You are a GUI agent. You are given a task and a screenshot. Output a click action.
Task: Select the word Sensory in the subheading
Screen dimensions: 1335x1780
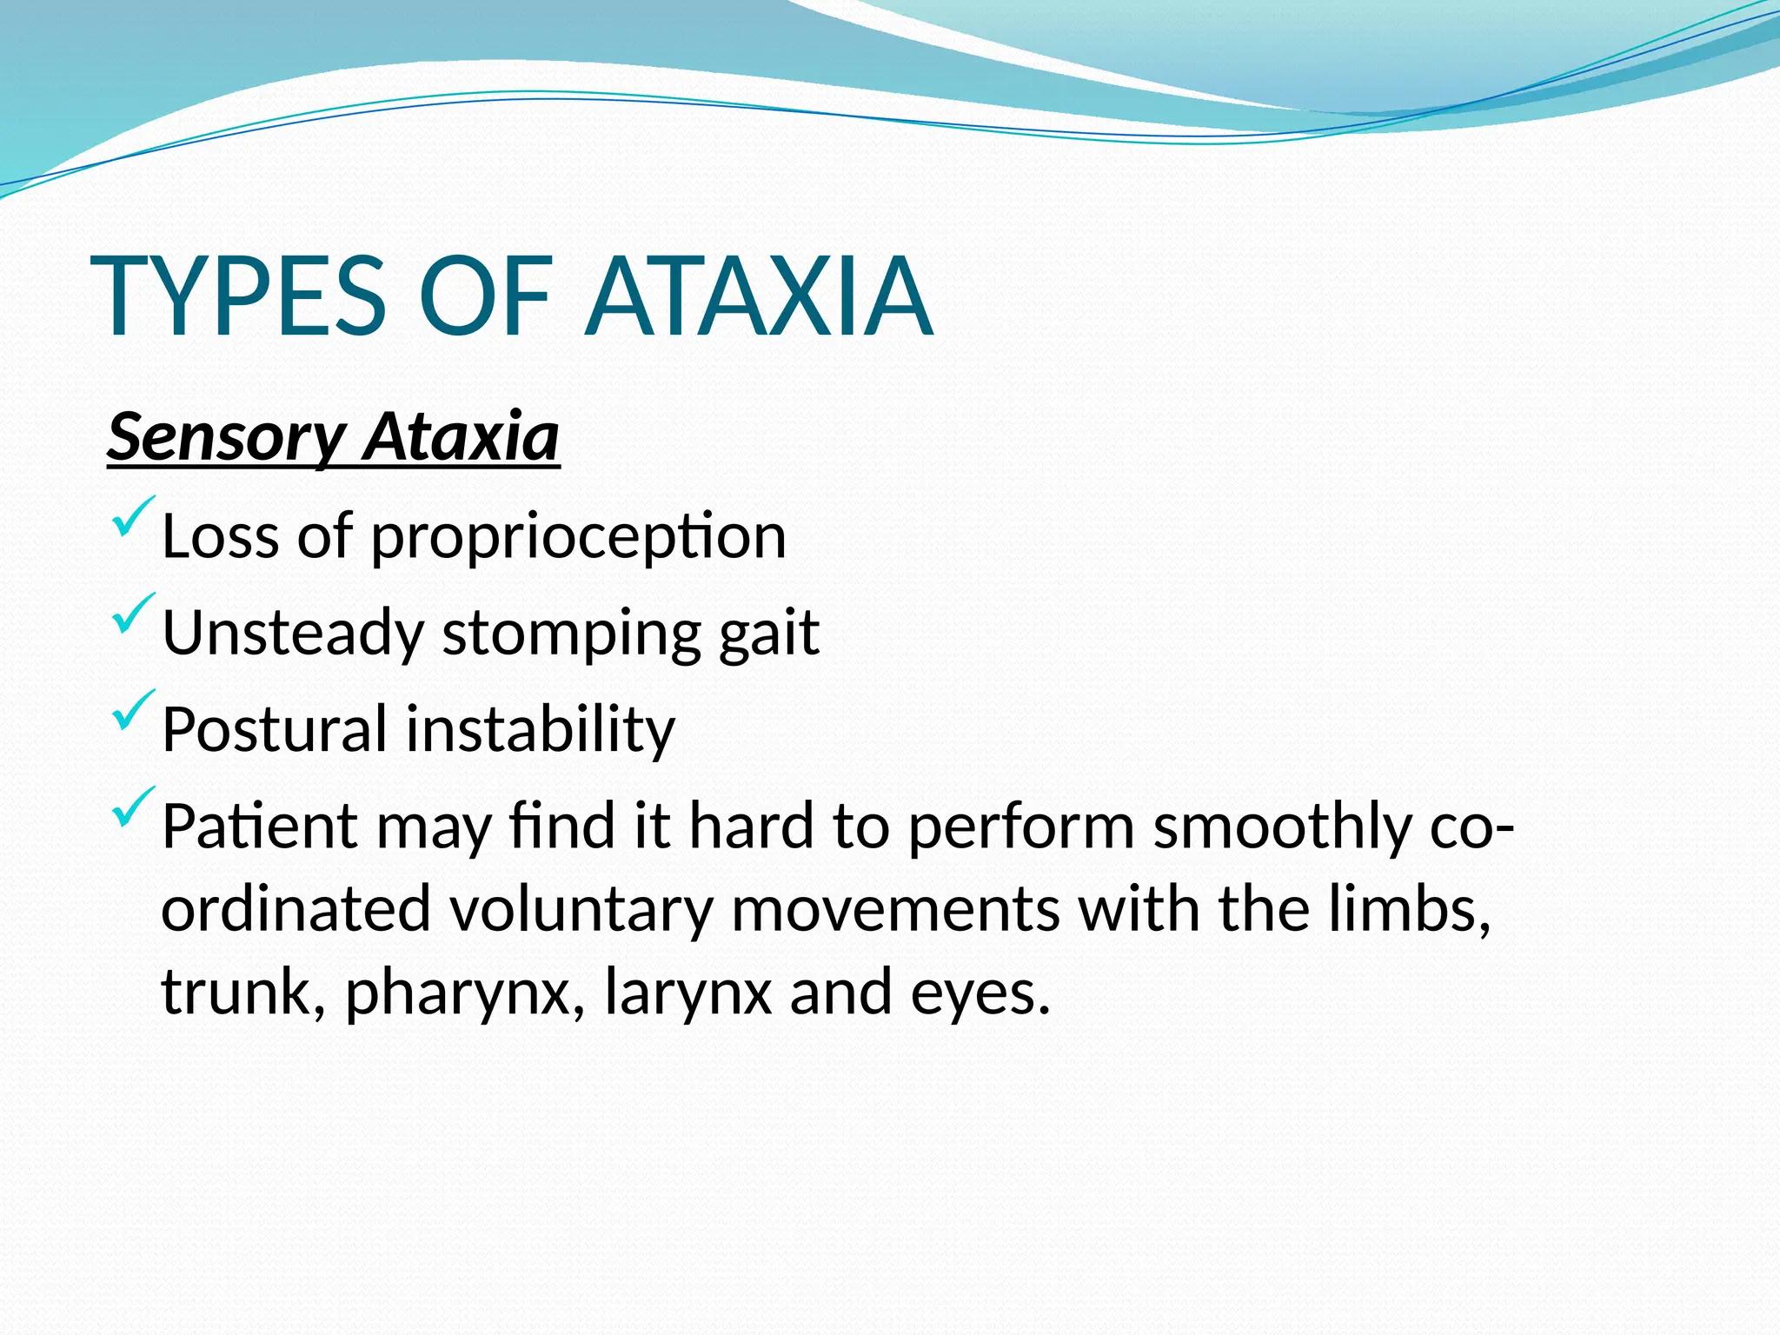coord(226,438)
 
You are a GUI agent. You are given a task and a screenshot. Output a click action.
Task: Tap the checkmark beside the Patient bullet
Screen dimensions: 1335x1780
coord(133,807)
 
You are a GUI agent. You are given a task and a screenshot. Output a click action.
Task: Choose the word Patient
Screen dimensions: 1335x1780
coord(259,826)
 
